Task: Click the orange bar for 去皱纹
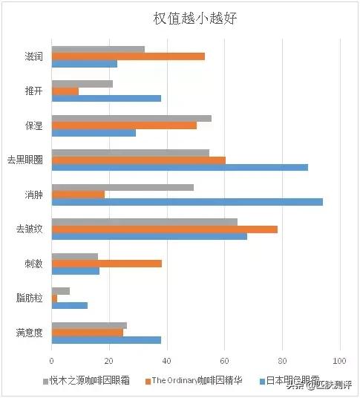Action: click(x=165, y=229)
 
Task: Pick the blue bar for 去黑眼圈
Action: click(x=180, y=168)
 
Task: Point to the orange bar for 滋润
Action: click(x=128, y=56)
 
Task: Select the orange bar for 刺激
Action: click(x=107, y=263)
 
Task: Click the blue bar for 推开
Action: click(x=106, y=98)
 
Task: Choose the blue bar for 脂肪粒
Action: click(x=70, y=305)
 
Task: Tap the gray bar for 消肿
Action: click(x=122, y=187)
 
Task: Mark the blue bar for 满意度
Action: click(x=106, y=340)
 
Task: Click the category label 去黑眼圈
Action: click(x=25, y=160)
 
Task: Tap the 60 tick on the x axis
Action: click(x=225, y=361)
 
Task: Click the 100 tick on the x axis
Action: click(x=339, y=361)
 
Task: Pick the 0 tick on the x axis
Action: click(x=52, y=361)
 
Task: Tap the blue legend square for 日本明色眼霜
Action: click(x=263, y=381)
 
